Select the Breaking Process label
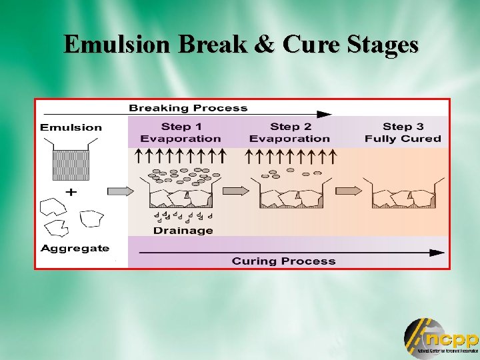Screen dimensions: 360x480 point(188,108)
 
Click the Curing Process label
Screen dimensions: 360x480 point(283,261)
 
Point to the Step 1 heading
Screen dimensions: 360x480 point(181,127)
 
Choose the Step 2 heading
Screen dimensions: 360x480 point(290,127)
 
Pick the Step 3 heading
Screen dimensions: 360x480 point(403,127)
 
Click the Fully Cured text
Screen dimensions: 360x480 point(403,139)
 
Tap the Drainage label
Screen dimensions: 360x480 point(183,231)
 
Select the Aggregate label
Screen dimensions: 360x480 point(75,248)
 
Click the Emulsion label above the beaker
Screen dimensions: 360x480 point(71,127)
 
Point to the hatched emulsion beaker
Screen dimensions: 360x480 point(70,165)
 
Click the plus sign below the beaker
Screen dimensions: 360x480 point(71,191)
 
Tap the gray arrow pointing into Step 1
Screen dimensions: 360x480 point(120,191)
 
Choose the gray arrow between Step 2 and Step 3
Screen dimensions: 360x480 point(349,191)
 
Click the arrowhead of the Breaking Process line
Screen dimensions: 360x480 point(325,115)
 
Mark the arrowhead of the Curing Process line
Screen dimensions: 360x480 point(437,253)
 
